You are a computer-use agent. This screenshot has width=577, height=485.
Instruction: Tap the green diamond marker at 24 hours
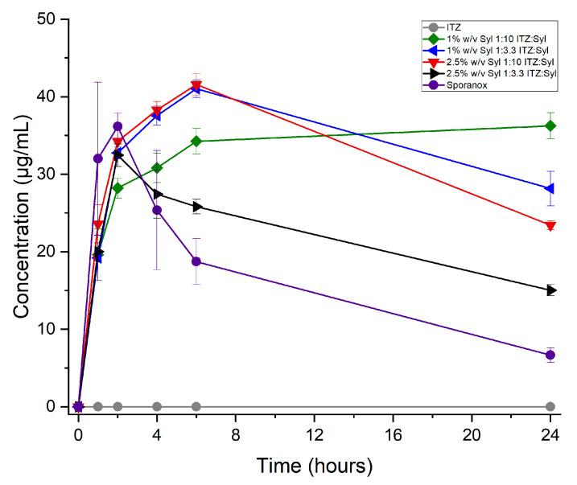[550, 125]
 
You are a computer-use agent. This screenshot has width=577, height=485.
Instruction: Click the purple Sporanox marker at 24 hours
[550, 355]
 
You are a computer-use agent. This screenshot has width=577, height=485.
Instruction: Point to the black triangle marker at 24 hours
[550, 290]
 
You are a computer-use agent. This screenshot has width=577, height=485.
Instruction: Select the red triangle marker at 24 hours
[550, 226]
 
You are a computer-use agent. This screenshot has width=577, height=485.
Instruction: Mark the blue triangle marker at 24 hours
[550, 188]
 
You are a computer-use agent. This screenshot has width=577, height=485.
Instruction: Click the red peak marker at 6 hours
[196, 85]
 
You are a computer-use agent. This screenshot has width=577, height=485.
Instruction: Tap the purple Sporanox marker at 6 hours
[196, 261]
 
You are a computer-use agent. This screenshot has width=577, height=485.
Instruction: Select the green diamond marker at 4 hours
[157, 168]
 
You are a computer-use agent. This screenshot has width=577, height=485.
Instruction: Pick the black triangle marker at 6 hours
[196, 207]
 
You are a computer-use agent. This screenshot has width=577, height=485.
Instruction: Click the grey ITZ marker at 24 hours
[550, 406]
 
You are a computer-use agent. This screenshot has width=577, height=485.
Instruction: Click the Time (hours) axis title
[315, 465]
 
